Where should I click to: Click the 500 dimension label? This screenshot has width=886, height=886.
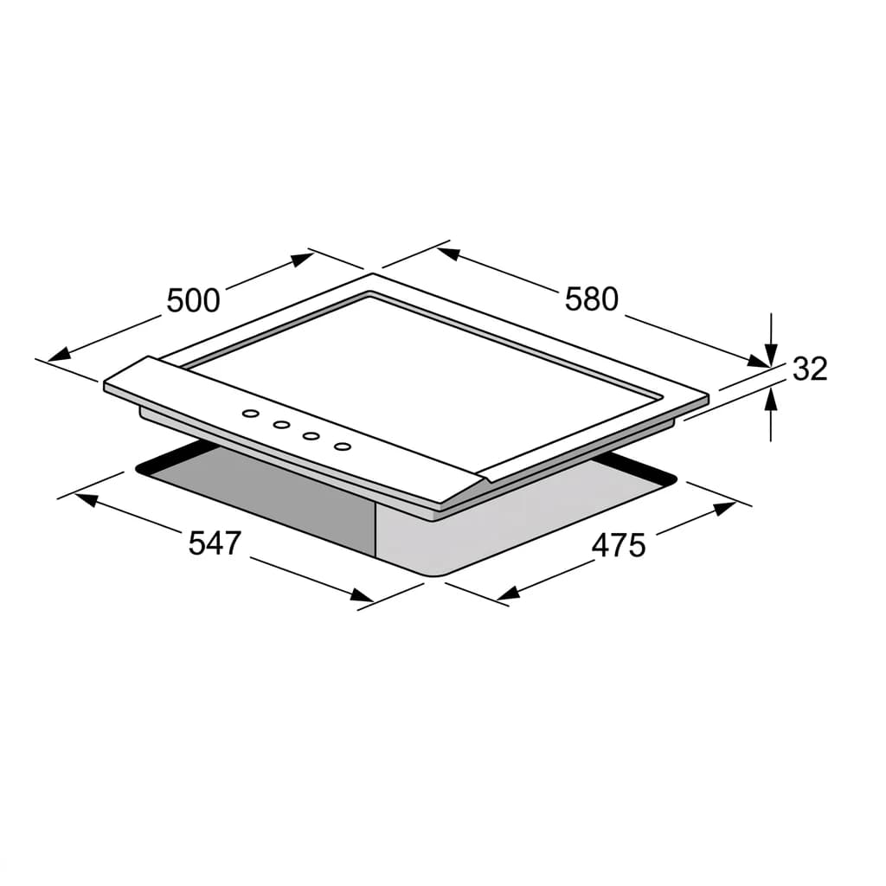tap(193, 300)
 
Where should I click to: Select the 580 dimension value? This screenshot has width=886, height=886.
tap(592, 299)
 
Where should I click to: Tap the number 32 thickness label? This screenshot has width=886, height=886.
tap(810, 369)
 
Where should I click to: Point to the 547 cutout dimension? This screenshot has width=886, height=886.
tap(215, 543)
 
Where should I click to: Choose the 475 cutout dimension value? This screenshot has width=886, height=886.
tap(618, 546)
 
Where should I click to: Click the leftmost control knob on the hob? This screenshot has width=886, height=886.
tap(250, 414)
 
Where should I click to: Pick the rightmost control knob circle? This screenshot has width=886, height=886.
tap(343, 447)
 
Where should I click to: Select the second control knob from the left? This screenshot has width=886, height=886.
tap(281, 424)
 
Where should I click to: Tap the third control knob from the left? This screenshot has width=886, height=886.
tap(311, 436)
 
